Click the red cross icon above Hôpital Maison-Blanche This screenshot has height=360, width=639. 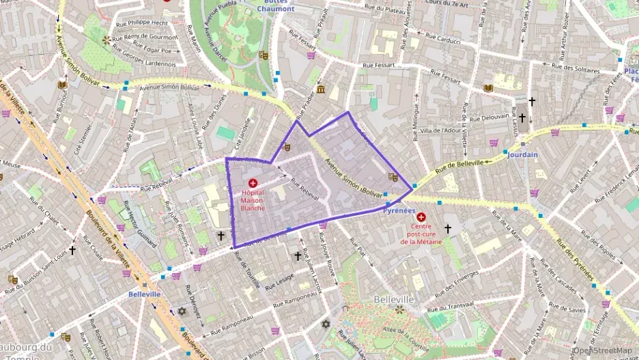(x=253, y=183)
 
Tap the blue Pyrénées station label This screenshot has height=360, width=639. (x=399, y=211)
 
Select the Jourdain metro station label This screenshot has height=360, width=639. (x=522, y=154)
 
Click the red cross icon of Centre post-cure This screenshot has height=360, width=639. (x=421, y=217)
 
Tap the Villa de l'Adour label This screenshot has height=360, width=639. (x=442, y=130)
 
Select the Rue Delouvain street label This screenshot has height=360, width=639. (x=486, y=117)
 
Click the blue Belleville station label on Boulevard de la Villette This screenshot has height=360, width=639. (x=144, y=294)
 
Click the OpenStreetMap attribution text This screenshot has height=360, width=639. (x=603, y=350)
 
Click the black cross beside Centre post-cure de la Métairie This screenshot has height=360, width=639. (x=448, y=229)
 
